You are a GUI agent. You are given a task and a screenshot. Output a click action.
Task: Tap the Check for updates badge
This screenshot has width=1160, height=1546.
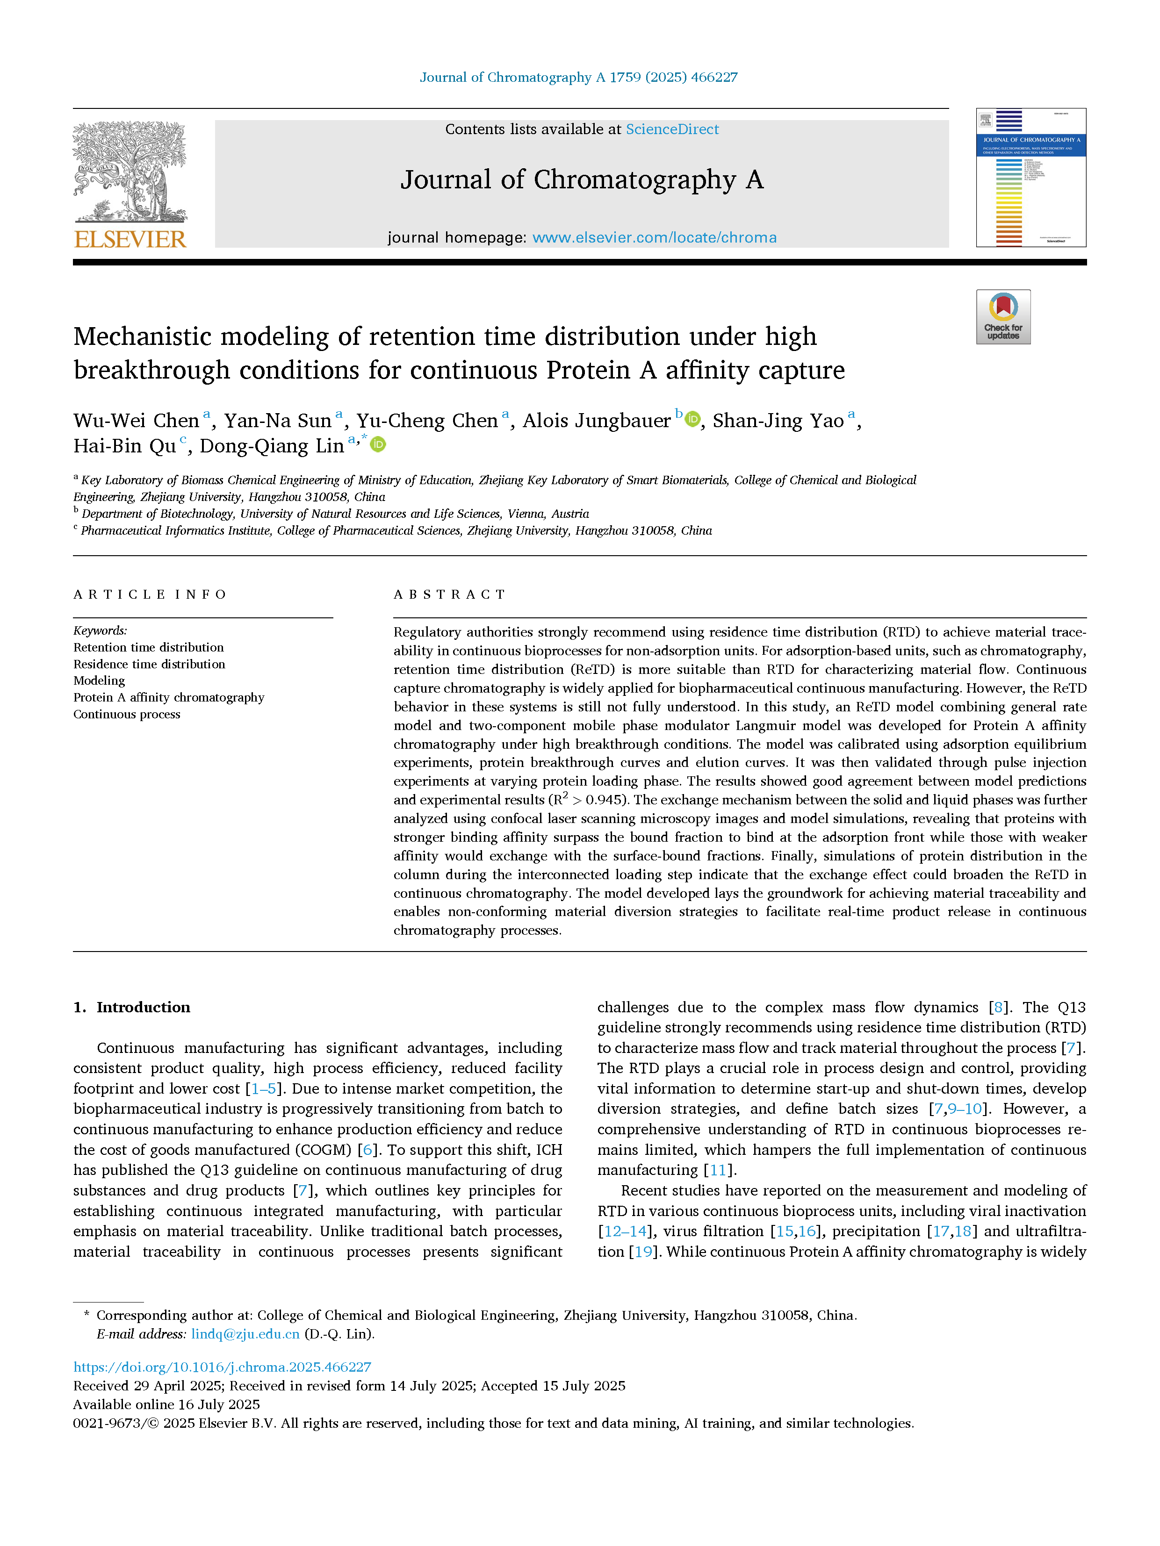pos(1003,316)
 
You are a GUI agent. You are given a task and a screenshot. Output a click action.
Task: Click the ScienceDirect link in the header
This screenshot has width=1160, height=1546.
pos(671,129)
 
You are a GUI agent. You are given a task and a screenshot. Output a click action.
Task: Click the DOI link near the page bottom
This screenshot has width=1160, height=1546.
pos(223,1367)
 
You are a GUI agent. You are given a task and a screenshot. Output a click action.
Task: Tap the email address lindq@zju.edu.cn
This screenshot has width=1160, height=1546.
pos(245,1333)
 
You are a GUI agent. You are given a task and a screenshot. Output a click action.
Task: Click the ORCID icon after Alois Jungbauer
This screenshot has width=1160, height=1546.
pos(692,419)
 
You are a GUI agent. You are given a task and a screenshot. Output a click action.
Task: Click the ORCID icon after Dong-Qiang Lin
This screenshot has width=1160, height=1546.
pos(378,444)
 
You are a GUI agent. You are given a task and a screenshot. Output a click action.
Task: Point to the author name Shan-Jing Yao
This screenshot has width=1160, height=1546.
pos(778,421)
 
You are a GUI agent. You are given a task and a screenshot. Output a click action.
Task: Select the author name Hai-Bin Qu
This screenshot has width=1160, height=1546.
pos(124,446)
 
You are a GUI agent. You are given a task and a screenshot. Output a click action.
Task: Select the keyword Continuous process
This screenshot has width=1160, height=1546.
pos(127,714)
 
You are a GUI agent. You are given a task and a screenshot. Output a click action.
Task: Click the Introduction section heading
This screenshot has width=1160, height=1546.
pos(143,1007)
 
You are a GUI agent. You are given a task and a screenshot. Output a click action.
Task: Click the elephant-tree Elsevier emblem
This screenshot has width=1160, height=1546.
pos(130,171)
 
